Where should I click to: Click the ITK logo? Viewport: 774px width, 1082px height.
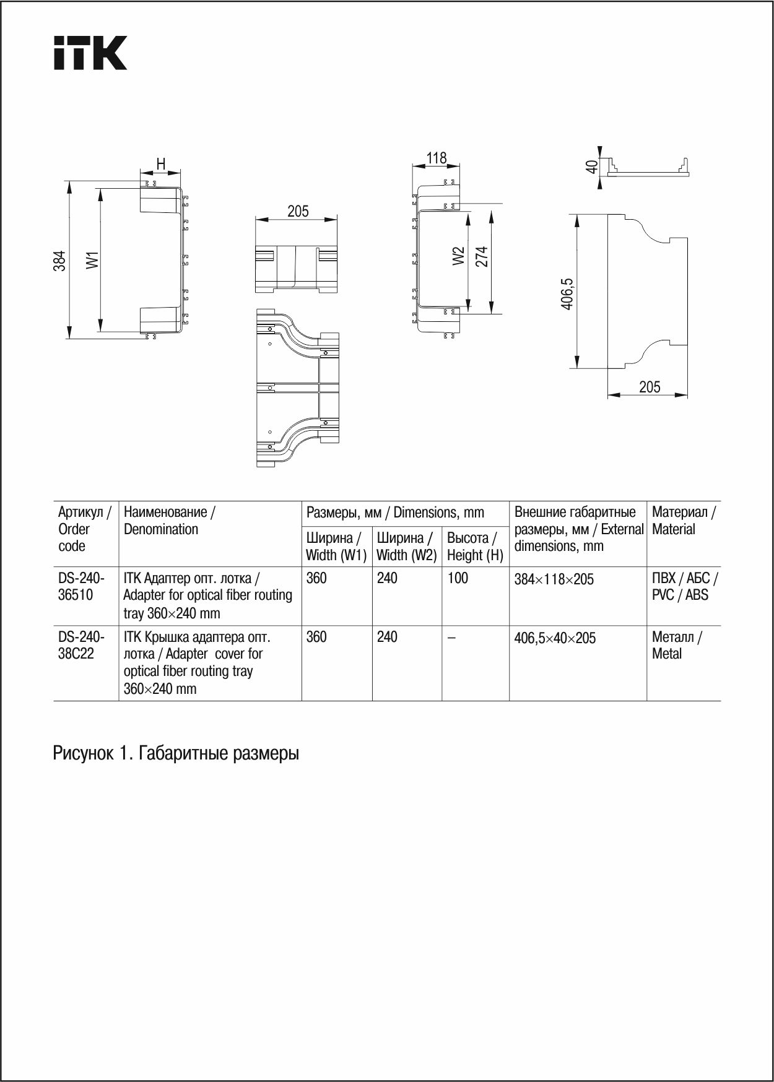[x=90, y=53]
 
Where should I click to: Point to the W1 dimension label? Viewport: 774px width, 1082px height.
[x=92, y=260]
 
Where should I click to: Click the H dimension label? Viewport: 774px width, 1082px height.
[x=160, y=164]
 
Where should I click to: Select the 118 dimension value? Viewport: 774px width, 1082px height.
[x=436, y=158]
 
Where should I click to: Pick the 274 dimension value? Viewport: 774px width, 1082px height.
[x=481, y=256]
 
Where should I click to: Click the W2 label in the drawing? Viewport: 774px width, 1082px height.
[x=458, y=256]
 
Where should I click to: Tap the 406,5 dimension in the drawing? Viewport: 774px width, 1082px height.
[x=567, y=293]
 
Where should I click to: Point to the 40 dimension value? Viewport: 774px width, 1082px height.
[x=592, y=167]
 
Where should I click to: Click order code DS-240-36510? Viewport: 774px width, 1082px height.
[x=82, y=586]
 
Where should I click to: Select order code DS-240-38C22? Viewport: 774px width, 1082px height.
[x=81, y=645]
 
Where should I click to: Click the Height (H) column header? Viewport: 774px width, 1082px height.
[x=475, y=547]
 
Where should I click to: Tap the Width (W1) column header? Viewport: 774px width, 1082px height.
[x=336, y=547]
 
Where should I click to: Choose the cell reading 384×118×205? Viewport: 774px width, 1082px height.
[x=554, y=580]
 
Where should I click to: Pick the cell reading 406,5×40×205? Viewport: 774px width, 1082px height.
[x=555, y=638]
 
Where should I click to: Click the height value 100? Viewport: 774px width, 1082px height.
[x=458, y=578]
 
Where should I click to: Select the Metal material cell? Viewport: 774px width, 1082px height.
[x=676, y=645]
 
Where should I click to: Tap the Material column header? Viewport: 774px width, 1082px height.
[x=683, y=521]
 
